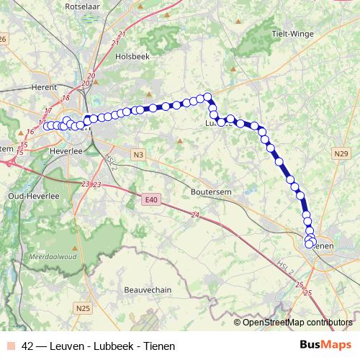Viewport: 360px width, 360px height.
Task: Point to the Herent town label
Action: click(45, 87)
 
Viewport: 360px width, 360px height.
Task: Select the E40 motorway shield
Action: click(150, 199)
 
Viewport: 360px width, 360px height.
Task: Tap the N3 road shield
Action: click(139, 153)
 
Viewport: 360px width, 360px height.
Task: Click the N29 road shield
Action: click(341, 153)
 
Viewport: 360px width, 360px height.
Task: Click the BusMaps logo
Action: click(325, 346)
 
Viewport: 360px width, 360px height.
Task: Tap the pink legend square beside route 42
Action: click(12, 346)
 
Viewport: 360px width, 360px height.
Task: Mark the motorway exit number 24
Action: click(195, 215)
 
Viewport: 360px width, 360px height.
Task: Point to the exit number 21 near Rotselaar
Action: click(122, 35)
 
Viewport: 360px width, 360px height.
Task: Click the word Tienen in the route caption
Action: click(158, 346)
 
